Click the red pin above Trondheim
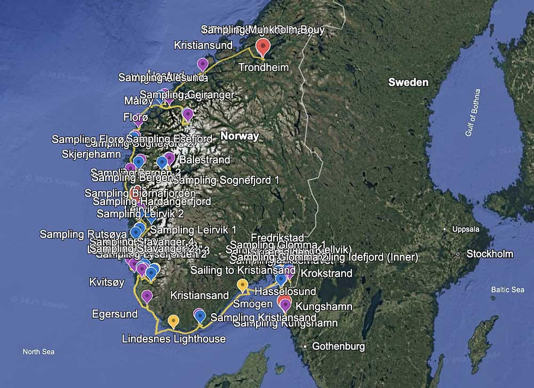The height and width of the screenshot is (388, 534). pyautogui.click(x=263, y=46)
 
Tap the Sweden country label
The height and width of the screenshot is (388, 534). pyautogui.click(x=408, y=82)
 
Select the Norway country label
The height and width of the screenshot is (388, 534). pyautogui.click(x=239, y=136)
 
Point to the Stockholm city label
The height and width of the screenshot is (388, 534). pyautogui.click(x=490, y=254)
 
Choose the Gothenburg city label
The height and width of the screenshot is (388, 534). pyautogui.click(x=338, y=347)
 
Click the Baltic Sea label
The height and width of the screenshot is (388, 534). pyautogui.click(x=507, y=290)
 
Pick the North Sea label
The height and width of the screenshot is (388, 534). pyautogui.click(x=38, y=352)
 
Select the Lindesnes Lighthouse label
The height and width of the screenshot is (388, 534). pyautogui.click(x=174, y=339)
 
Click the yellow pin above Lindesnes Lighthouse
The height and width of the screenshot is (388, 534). pyautogui.click(x=173, y=320)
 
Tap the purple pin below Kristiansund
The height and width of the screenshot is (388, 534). pyautogui.click(x=203, y=64)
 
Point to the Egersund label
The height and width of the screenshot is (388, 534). pyautogui.click(x=114, y=314)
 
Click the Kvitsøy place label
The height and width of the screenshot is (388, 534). pyautogui.click(x=107, y=282)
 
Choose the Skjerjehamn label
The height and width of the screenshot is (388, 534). pyautogui.click(x=92, y=154)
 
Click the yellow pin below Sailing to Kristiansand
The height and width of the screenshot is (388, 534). pyautogui.click(x=242, y=284)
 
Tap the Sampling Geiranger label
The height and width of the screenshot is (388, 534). pyautogui.click(x=187, y=95)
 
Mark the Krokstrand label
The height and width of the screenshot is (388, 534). pyautogui.click(x=326, y=273)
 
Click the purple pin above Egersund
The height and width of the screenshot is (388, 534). pyautogui.click(x=147, y=296)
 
